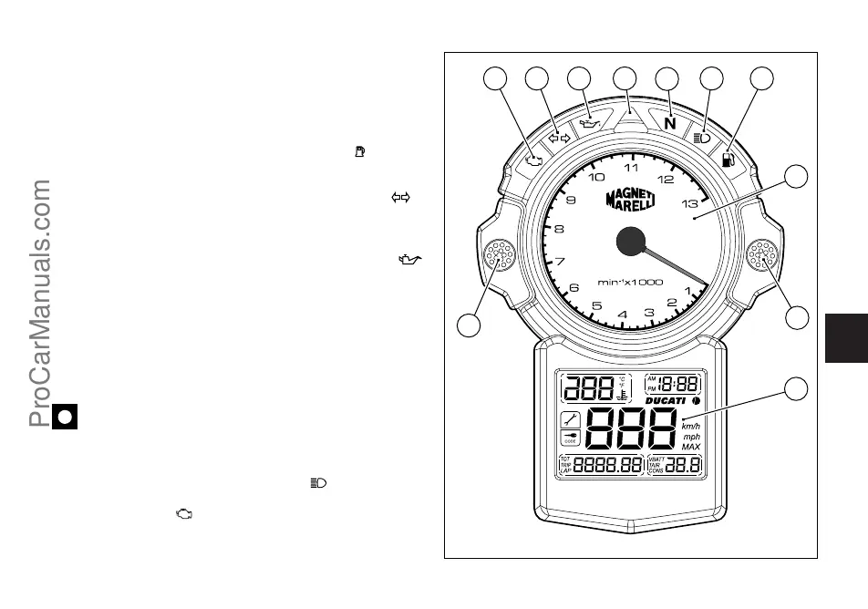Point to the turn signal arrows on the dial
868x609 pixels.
[558, 138]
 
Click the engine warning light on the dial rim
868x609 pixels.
[534, 161]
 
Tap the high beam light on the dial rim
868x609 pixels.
[702, 138]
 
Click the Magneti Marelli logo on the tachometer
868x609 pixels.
[632, 201]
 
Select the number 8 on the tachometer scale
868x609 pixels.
[559, 230]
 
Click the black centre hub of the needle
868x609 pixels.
[631, 241]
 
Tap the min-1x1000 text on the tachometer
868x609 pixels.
[630, 282]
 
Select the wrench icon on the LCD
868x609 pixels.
[570, 420]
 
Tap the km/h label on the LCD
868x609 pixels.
[692, 425]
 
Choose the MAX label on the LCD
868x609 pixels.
[691, 447]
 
